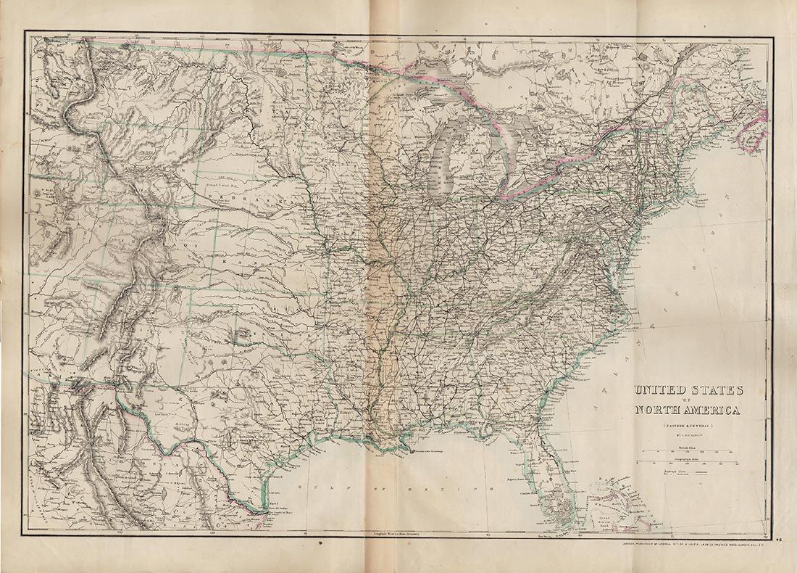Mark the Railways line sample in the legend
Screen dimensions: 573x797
700,473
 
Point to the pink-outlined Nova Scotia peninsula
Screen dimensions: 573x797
754,127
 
